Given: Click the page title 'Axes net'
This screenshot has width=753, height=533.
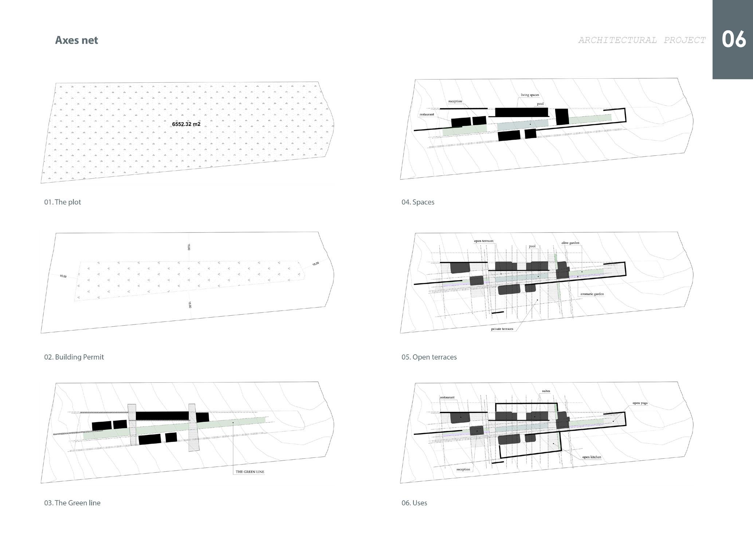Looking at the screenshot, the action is tap(77, 40).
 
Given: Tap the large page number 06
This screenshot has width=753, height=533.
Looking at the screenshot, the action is tap(734, 39).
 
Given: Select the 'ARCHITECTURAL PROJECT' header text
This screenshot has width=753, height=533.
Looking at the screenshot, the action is tap(642, 40).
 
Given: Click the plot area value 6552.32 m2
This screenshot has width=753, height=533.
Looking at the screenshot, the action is tap(186, 124).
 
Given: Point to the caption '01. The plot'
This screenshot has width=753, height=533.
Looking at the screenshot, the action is tap(63, 202).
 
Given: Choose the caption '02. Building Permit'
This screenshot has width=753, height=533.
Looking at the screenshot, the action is tap(74, 357).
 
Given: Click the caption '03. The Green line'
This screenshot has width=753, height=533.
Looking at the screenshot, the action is tap(72, 503).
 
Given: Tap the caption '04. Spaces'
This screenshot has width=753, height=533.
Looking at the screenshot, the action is tap(418, 202).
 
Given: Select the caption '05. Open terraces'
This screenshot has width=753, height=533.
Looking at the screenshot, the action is tap(429, 357).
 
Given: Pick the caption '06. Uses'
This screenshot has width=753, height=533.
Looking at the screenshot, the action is tap(414, 503).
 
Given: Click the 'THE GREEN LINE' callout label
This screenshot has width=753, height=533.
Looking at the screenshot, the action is tap(250, 472).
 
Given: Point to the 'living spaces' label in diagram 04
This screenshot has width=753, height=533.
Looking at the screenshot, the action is tap(530, 95).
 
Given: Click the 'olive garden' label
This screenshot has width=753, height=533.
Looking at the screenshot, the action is tap(570, 243).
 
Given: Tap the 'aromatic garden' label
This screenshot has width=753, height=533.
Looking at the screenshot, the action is tap(592, 294).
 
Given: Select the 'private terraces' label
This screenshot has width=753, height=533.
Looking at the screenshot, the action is tap(502, 329).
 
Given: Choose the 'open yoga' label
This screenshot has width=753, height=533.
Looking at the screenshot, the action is tap(640, 403).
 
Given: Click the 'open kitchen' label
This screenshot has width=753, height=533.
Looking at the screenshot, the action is tap(592, 457).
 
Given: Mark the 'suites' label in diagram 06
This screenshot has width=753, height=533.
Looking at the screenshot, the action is tap(546, 391).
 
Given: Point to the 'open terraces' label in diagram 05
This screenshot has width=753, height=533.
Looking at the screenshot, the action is tap(483, 241).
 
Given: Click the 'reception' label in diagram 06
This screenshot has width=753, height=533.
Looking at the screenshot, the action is tap(463, 469).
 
